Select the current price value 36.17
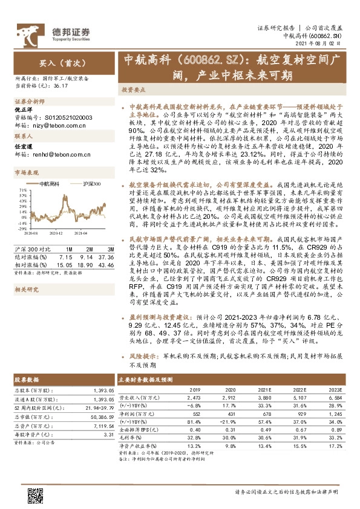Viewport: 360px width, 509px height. (61, 86)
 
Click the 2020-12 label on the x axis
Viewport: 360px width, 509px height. (56, 232)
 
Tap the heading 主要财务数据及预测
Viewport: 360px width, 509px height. (146, 379)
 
